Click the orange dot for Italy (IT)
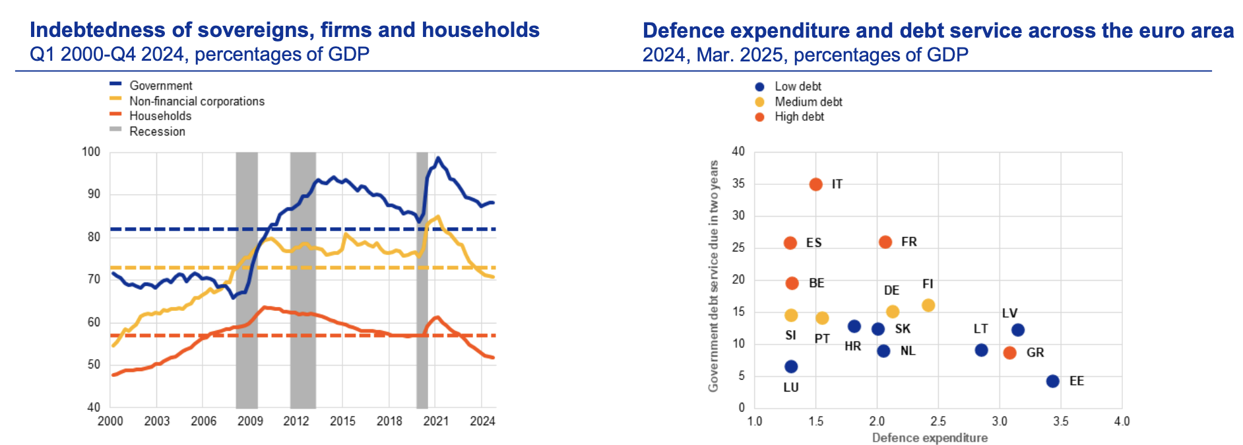pos(815,184)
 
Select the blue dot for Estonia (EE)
pos(1052,381)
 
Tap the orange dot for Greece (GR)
pos(1009,353)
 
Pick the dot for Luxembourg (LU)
pos(790,366)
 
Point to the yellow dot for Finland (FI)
pos(928,305)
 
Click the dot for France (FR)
pos(885,242)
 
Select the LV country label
pos(1009,313)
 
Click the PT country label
pos(821,339)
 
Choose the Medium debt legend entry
pos(808,102)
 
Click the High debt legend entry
pos(798,117)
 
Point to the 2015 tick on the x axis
pos(342,421)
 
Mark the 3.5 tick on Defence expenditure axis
pos(1060,421)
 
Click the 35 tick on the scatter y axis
pos(738,184)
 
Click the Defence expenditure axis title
pos(929,438)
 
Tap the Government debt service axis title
pos(713,276)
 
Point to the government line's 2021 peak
pos(437,158)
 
